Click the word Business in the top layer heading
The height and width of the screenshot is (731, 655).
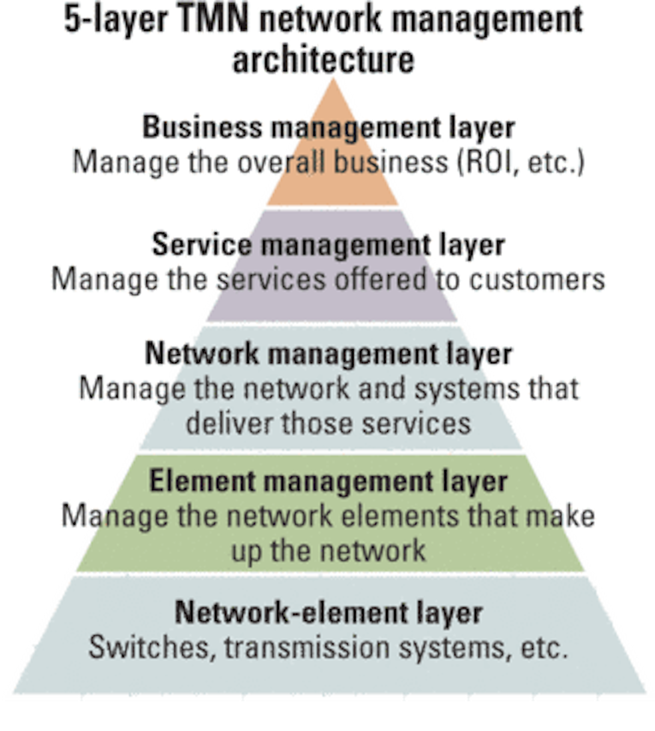(202, 127)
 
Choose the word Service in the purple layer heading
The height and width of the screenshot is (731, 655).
(202, 244)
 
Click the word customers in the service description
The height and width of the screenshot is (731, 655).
(537, 279)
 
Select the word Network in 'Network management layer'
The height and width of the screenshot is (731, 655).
(202, 353)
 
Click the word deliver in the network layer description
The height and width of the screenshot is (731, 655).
(229, 423)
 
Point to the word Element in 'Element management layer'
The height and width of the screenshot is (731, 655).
(202, 481)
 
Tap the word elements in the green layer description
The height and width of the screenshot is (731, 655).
(400, 516)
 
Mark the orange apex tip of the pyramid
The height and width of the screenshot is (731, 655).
(333, 79)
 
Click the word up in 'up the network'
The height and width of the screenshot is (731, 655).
(246, 553)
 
